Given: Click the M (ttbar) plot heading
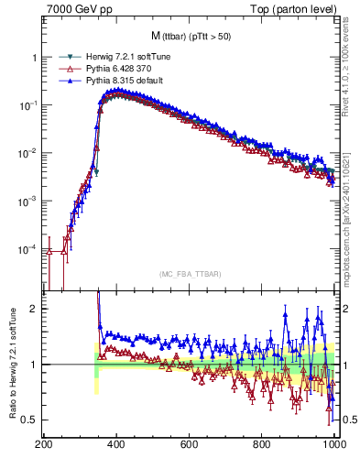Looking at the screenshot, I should coord(189,36).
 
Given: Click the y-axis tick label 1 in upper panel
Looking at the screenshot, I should coord(34,57).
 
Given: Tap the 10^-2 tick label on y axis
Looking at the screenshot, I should coord(29,153).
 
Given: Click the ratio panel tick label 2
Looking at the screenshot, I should coord(34,309).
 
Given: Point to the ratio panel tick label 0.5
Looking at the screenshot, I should coord(30,420).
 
